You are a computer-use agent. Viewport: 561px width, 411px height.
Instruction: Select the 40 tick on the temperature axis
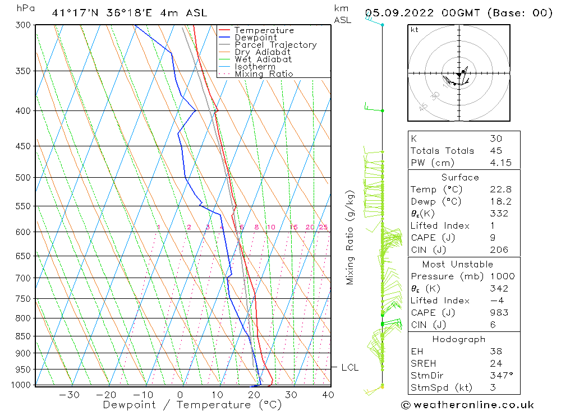click(328, 395)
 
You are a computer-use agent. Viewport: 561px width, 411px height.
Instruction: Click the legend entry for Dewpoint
click(255, 38)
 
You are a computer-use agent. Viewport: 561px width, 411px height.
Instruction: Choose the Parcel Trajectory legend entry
click(275, 45)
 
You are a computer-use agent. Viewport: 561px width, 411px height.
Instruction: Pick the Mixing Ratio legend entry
click(264, 74)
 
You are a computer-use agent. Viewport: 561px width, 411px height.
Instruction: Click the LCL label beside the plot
click(350, 368)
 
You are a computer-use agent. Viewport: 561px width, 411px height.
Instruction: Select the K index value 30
click(495, 138)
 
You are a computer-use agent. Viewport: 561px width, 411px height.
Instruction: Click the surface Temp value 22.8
click(499, 190)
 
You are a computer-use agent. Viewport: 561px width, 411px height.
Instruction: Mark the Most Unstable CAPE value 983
click(498, 313)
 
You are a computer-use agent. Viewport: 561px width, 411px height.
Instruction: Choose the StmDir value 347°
click(499, 376)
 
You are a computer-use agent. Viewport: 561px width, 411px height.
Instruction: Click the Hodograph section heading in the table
click(459, 339)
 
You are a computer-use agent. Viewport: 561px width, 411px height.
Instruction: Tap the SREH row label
click(423, 363)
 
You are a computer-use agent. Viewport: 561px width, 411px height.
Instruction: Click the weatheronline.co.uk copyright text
click(467, 405)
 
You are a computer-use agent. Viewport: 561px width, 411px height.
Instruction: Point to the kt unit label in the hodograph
click(415, 30)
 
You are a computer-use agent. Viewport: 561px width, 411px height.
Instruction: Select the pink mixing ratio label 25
click(323, 227)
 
